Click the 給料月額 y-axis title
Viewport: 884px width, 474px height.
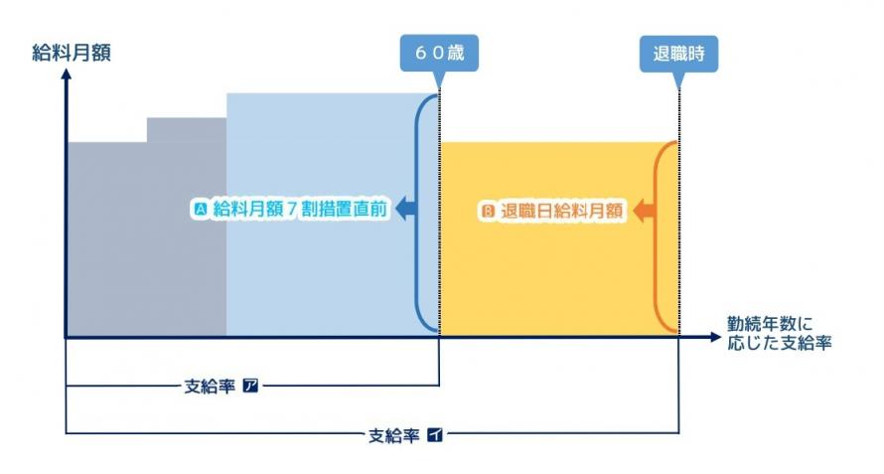pos(71,53)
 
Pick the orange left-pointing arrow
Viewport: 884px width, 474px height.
pos(643,210)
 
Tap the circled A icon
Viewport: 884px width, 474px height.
pos(201,210)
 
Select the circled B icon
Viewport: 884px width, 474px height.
pos(488,211)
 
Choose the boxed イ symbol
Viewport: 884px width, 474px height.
pos(434,434)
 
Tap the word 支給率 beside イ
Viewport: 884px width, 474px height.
pos(394,434)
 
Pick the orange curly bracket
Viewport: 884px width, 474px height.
pos(663,237)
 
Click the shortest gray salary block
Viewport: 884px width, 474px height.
pos(106,238)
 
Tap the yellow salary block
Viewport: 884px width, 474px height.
pos(546,278)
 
